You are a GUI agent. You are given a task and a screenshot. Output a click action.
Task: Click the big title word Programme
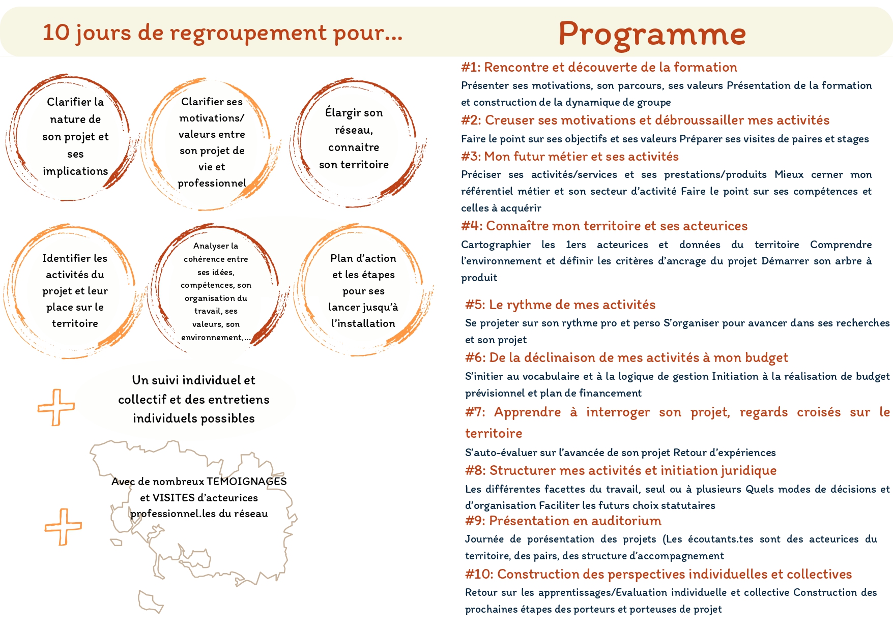(652, 34)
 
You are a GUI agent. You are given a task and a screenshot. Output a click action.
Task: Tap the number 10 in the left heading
(56, 33)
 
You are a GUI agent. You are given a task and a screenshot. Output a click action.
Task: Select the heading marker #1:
(471, 67)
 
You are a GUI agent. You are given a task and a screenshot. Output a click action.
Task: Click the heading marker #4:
(472, 226)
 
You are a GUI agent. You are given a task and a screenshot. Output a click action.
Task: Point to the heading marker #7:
(476, 412)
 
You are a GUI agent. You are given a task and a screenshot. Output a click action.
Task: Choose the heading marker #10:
(479, 574)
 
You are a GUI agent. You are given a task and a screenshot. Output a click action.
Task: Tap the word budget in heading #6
(766, 357)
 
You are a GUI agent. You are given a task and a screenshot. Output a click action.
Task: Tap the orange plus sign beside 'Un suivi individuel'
(56, 407)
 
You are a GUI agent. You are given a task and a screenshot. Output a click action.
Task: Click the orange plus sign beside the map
(63, 527)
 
